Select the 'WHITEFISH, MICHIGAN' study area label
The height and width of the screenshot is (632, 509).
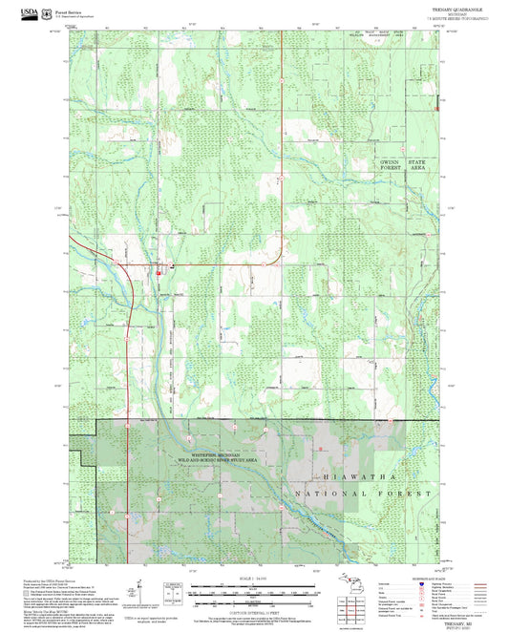(x=215, y=455)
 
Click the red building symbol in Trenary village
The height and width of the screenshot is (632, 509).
(x=159, y=270)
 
